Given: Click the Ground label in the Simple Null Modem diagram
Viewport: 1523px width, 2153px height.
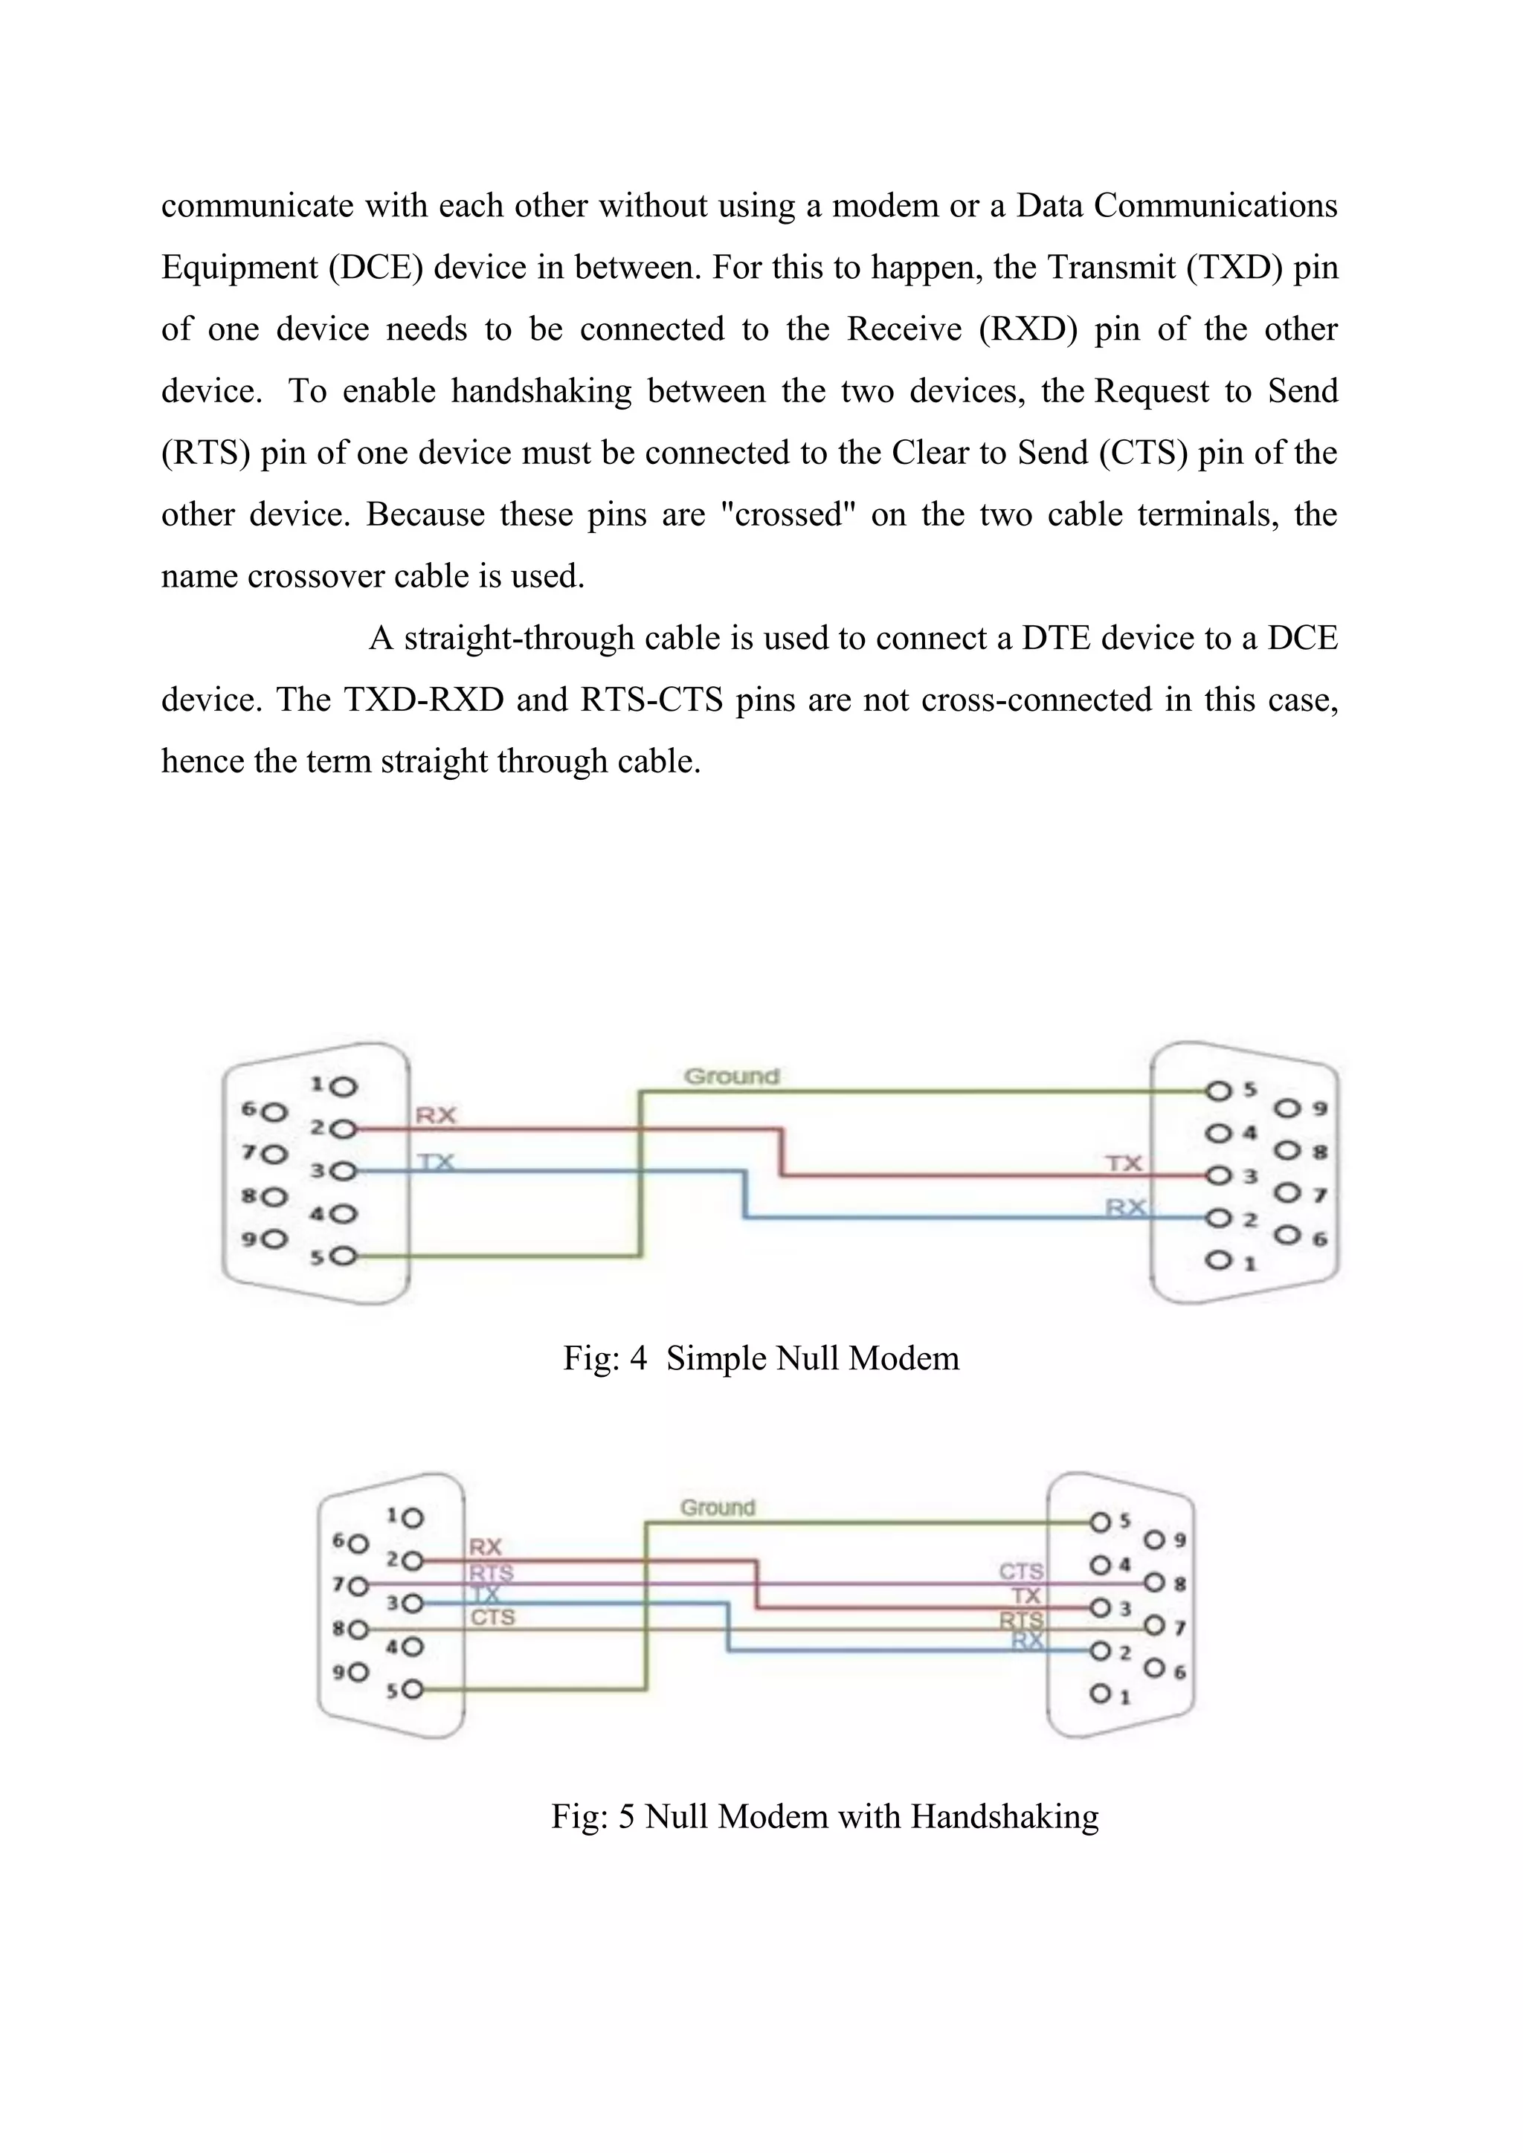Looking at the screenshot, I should click(732, 1076).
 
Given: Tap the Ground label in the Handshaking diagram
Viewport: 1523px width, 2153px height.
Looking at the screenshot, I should click(718, 1507).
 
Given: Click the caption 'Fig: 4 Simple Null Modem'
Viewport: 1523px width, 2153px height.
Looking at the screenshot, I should click(761, 1358).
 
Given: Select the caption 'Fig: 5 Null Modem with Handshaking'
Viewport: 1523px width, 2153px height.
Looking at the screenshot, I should click(824, 1816).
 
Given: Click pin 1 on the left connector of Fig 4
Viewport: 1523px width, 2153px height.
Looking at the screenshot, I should click(345, 1088).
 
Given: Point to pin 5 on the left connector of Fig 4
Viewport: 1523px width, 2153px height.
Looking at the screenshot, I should click(345, 1256).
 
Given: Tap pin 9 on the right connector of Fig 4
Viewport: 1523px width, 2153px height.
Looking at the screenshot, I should click(1287, 1109).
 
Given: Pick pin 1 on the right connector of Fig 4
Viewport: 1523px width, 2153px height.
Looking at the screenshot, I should click(1218, 1261).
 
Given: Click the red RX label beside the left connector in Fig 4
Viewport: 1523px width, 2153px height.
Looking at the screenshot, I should click(435, 1115).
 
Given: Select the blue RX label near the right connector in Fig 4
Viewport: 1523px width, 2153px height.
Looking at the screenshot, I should click(1125, 1207).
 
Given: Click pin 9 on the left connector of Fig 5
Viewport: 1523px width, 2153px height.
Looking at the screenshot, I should click(359, 1672).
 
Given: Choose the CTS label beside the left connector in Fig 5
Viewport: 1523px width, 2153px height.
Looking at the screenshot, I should click(492, 1618).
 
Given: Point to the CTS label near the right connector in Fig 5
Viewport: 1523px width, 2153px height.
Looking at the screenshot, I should click(1020, 1572).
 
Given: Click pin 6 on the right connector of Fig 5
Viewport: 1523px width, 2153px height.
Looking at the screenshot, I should click(1156, 1669).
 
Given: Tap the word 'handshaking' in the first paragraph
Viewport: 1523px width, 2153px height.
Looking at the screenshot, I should click(541, 391).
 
